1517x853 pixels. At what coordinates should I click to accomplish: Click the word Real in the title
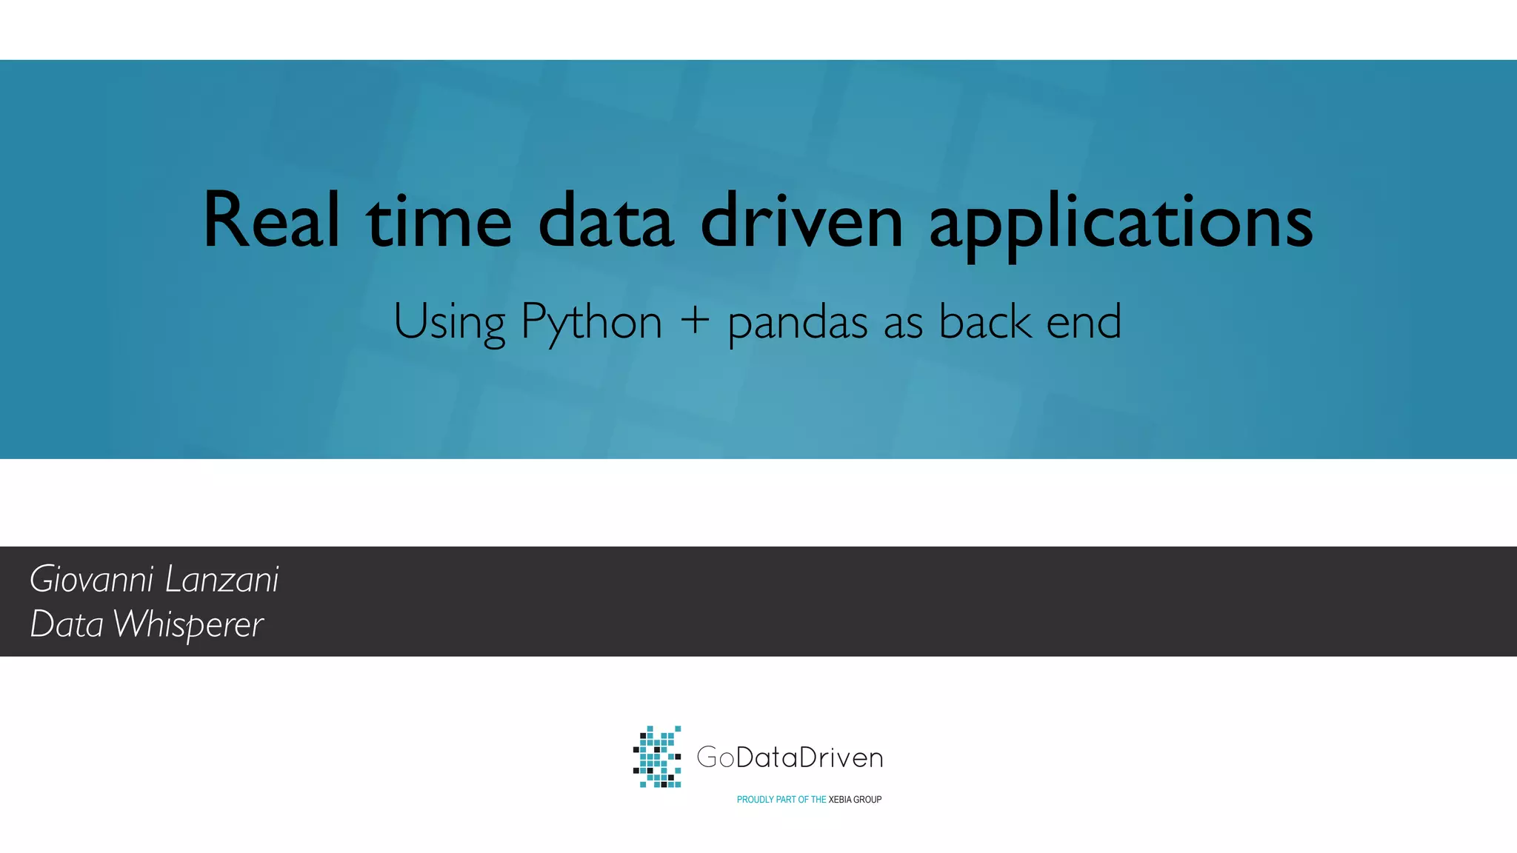pyautogui.click(x=271, y=220)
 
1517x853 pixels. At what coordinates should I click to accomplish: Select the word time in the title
pyautogui.click(x=439, y=220)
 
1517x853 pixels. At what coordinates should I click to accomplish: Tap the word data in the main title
pyautogui.click(x=606, y=220)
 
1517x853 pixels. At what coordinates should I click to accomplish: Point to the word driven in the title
pyautogui.click(x=801, y=220)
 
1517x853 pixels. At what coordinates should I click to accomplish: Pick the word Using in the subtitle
pyautogui.click(x=449, y=323)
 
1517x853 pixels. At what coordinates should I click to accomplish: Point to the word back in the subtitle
pyautogui.click(x=984, y=321)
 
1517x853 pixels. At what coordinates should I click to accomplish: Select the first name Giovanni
pyautogui.click(x=92, y=580)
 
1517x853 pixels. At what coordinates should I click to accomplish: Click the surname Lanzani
pyautogui.click(x=221, y=579)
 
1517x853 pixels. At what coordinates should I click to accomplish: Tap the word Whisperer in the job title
pyautogui.click(x=188, y=625)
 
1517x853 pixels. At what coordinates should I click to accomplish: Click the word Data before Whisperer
pyautogui.click(x=67, y=624)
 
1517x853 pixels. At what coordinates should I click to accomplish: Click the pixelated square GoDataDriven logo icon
pyautogui.click(x=657, y=757)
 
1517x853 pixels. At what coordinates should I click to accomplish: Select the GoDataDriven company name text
pyautogui.click(x=790, y=757)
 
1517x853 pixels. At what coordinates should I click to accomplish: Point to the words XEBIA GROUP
pyautogui.click(x=855, y=800)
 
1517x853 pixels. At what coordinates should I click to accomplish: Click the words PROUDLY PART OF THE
pyautogui.click(x=781, y=800)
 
